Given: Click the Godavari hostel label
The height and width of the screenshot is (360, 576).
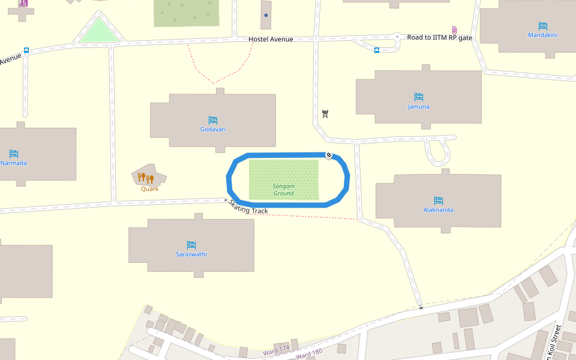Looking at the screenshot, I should click(213, 130).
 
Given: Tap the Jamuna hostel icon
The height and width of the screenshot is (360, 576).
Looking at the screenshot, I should click(419, 97).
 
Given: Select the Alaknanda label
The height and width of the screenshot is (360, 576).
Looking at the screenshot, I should click(438, 210).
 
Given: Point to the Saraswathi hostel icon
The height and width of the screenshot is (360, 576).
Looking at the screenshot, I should click(191, 244).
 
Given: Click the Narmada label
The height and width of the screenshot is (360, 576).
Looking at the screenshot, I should click(14, 163).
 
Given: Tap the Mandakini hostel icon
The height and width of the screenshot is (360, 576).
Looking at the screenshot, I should click(542, 26).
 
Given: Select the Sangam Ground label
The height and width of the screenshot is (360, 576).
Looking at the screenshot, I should click(284, 190).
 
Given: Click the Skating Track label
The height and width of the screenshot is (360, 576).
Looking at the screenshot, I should click(248, 207).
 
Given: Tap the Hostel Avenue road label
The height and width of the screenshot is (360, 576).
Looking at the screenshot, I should click(271, 40).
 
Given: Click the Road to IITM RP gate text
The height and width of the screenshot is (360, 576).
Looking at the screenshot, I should click(440, 38).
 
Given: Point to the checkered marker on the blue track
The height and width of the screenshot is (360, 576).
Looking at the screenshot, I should click(329, 155).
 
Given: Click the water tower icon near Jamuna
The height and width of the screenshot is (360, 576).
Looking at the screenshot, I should click(326, 113).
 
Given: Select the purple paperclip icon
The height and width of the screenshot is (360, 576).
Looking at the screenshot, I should click(454, 30).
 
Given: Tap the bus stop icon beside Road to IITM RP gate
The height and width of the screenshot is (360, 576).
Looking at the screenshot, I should click(377, 50).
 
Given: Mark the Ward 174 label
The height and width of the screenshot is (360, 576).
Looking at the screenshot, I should click(276, 349).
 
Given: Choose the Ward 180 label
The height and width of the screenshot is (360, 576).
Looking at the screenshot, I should click(310, 355).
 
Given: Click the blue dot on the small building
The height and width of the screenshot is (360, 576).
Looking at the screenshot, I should click(266, 15).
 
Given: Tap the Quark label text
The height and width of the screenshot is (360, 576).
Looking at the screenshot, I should click(149, 188).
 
